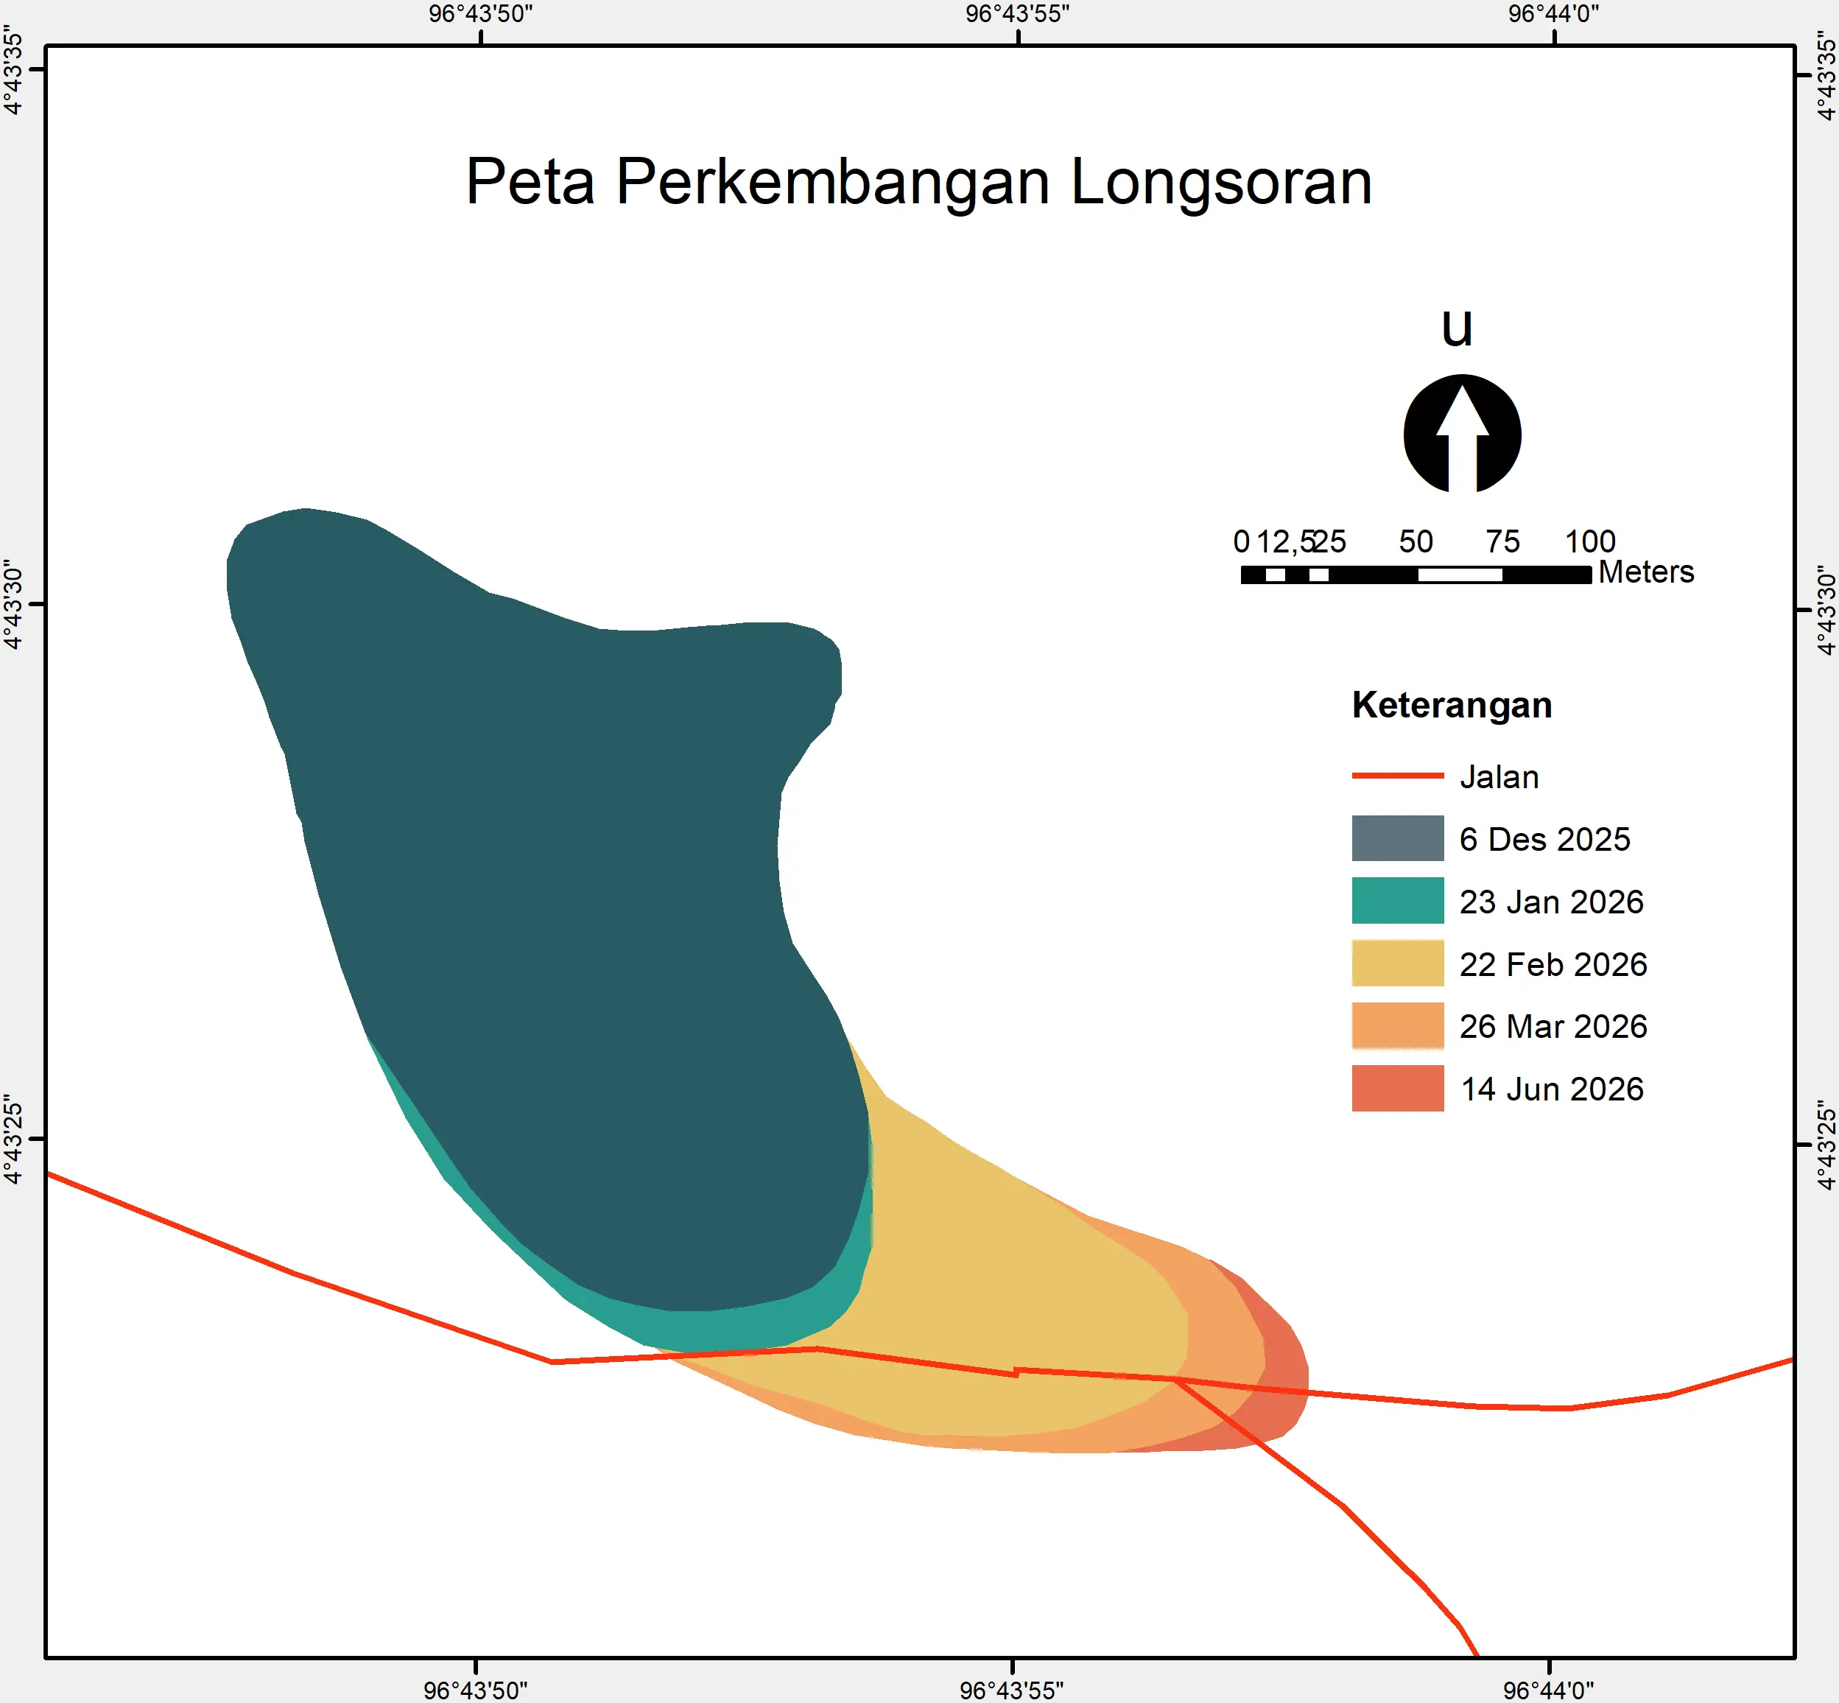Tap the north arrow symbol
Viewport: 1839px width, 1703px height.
(1462, 433)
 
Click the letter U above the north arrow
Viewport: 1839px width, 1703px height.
(1457, 328)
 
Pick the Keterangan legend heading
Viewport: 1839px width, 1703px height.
(1452, 705)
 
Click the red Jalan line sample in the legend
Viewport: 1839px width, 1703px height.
(1398, 776)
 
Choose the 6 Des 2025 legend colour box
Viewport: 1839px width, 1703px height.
(1398, 838)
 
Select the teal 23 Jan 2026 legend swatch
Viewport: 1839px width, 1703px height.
(1398, 900)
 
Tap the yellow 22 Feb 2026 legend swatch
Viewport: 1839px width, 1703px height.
(1398, 963)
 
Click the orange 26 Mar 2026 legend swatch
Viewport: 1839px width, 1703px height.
(1398, 1025)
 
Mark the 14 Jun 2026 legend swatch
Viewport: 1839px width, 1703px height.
(1398, 1089)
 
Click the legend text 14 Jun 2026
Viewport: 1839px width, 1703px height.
(1553, 1089)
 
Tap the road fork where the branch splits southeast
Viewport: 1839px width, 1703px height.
(1175, 1380)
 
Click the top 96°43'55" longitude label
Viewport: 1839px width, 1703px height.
(1017, 14)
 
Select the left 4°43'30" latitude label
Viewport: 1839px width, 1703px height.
(13, 605)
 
